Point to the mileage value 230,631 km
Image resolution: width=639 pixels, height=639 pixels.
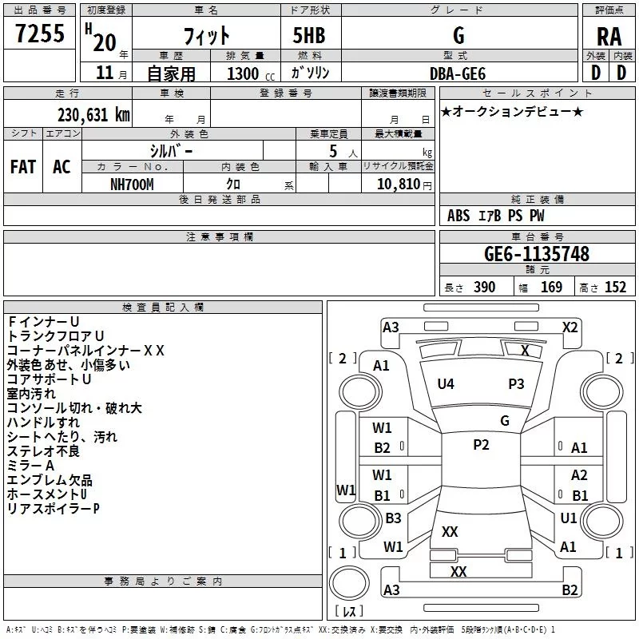click(93, 115)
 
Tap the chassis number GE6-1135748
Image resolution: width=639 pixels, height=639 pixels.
click(537, 254)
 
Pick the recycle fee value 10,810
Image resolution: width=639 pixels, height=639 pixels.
click(399, 184)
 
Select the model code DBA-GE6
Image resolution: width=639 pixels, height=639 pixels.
click(458, 73)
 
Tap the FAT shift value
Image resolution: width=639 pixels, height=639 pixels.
click(23, 167)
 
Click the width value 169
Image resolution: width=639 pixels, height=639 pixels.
click(552, 288)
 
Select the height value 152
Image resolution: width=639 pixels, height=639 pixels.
click(615, 288)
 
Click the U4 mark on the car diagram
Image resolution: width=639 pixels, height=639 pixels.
click(446, 384)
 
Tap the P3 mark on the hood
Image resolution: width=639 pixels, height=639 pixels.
click(516, 384)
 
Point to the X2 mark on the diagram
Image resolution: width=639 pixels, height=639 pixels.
click(570, 327)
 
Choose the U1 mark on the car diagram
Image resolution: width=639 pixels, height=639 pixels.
click(569, 518)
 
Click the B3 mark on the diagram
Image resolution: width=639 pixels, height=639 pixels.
click(393, 518)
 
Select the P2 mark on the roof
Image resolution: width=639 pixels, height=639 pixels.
click(481, 445)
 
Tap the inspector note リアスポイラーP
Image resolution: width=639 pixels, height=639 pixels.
click(53, 509)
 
